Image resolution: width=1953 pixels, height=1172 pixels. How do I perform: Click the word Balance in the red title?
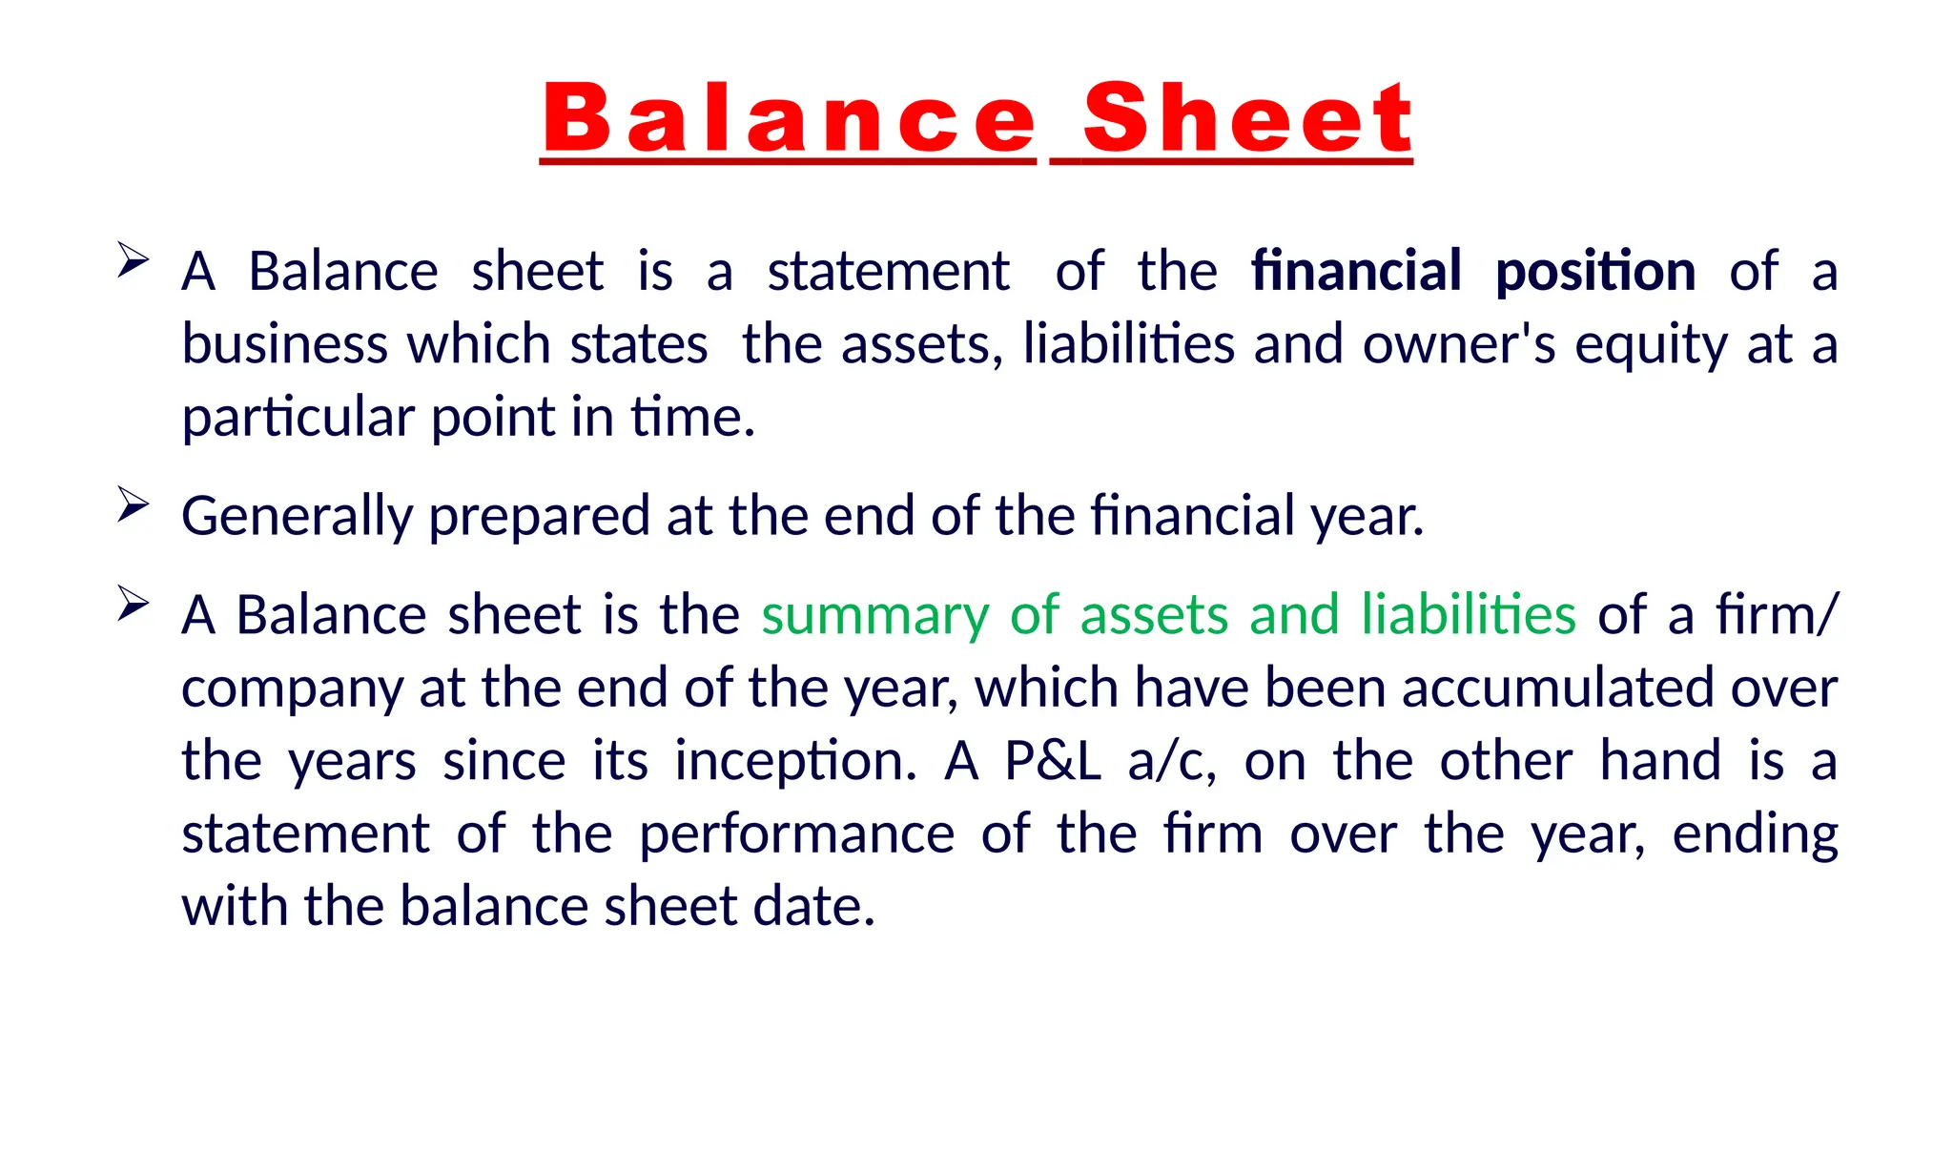coord(789,118)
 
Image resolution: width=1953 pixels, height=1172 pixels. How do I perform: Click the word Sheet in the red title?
coord(1247,118)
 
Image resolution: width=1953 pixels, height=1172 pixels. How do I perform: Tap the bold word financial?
coord(1356,271)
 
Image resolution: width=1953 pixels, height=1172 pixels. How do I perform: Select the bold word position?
coord(1595,273)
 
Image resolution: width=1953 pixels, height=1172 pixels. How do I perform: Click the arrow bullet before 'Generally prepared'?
coord(133,504)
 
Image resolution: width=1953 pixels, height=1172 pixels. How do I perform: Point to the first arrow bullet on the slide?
coord(133,259)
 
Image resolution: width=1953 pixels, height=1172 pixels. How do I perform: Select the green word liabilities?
coord(1469,614)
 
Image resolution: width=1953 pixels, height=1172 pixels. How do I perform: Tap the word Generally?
coord(297,517)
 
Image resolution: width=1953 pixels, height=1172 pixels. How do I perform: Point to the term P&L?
coord(1053,761)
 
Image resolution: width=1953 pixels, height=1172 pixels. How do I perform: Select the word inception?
coord(795,762)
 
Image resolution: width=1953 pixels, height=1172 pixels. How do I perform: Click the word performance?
coord(796,835)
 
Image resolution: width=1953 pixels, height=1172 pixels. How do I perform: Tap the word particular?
coord(298,419)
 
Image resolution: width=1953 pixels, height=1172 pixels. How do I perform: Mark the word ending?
coord(1755,835)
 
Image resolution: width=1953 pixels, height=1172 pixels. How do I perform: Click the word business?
coord(284,344)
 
